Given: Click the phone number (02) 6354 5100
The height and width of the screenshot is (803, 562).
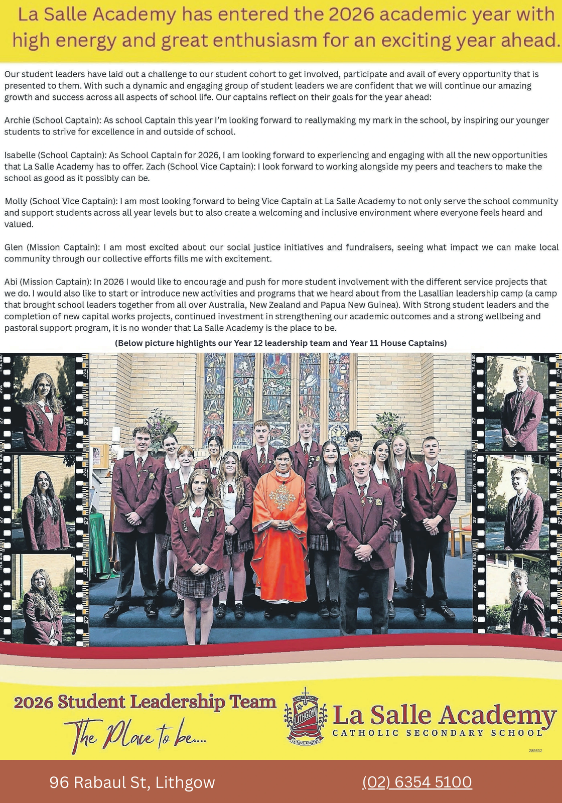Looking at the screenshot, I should click(x=417, y=782).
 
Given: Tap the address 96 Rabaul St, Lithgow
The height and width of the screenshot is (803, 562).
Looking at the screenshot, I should click(x=132, y=782).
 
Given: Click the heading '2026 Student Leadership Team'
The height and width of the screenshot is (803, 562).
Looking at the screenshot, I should click(x=145, y=702).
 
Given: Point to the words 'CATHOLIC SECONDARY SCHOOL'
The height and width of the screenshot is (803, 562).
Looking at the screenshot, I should click(x=437, y=733).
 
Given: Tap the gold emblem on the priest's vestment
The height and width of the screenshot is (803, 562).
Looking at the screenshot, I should click(x=279, y=497).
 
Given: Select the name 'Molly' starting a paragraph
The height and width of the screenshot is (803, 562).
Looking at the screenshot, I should click(x=16, y=201).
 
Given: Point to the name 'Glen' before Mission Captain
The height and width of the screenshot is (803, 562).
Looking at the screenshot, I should click(x=14, y=247).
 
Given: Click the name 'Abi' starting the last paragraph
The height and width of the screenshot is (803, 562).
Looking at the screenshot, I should click(x=11, y=282).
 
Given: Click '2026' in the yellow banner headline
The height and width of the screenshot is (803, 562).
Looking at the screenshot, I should click(x=351, y=15).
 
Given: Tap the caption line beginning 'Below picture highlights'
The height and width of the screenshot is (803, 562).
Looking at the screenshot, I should click(x=280, y=343).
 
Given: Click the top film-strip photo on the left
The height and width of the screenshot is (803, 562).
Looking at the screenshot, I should click(x=43, y=404).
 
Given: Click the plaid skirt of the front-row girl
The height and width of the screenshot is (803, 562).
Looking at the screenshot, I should click(x=199, y=583).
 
